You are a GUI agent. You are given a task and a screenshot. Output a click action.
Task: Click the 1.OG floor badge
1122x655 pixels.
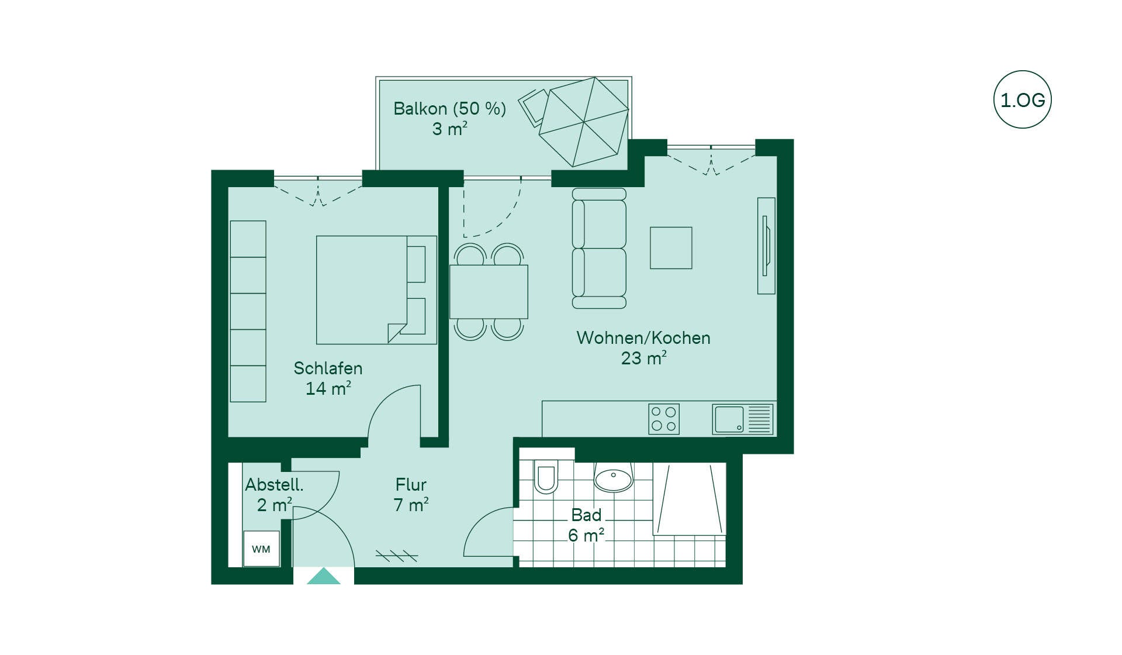tap(1022, 99)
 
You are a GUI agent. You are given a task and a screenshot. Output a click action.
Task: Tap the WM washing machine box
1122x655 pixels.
tap(261, 549)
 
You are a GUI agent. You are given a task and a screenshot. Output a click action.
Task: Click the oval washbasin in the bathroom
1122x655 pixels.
tap(613, 478)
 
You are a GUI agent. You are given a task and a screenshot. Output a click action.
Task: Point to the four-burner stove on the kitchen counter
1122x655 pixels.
tap(664, 419)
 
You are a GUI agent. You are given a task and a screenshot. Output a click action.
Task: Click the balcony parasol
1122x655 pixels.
tap(584, 122)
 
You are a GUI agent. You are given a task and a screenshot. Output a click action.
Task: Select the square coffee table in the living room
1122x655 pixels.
tap(671, 248)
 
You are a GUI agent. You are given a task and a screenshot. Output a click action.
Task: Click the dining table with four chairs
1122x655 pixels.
tap(489, 291)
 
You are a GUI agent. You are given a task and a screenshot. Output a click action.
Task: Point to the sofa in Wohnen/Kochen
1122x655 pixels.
tap(599, 248)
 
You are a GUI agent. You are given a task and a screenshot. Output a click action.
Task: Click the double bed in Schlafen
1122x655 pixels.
tap(376, 290)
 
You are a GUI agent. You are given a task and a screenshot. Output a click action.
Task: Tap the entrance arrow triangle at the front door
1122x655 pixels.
tap(323, 576)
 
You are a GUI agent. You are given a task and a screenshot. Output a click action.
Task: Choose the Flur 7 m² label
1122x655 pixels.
tap(411, 495)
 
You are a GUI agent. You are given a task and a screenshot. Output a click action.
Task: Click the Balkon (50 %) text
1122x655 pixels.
tap(449, 109)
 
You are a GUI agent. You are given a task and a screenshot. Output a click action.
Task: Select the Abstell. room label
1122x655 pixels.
tap(274, 485)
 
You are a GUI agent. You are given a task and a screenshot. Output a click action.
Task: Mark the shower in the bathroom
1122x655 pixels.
tap(690, 499)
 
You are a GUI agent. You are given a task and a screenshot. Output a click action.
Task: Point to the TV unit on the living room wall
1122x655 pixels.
tap(766, 246)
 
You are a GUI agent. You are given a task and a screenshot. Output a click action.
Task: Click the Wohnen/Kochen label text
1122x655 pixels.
tap(643, 338)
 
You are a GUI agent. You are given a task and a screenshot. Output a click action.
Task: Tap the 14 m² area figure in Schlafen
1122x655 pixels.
tap(328, 388)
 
